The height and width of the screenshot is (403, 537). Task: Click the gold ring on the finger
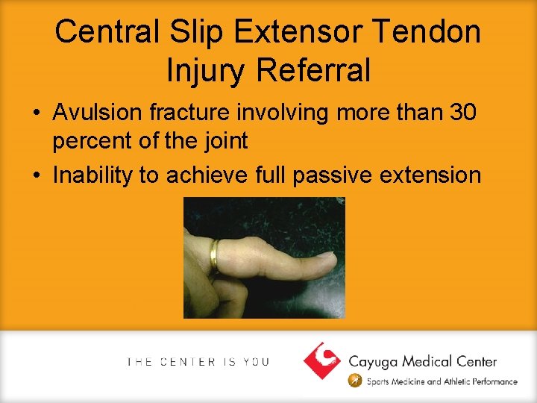(214, 255)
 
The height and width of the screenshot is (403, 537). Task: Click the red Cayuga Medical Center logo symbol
(322, 360)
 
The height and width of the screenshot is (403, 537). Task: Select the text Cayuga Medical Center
(422, 361)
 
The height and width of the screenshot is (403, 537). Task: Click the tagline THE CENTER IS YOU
(198, 362)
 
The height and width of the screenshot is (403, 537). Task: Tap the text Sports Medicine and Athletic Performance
(442, 381)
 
